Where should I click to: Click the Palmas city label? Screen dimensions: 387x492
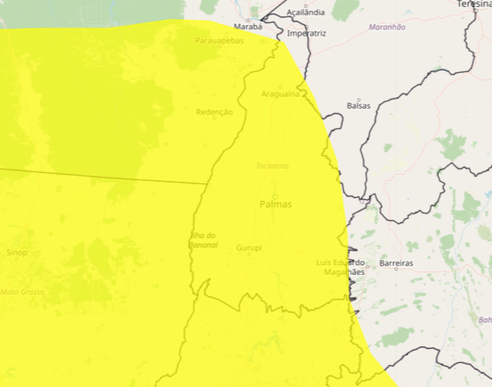276,204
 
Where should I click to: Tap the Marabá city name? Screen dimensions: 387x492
248,27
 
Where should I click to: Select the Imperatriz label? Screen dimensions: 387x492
306,34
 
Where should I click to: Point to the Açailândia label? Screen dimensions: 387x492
305,12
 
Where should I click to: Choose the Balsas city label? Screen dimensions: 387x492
358,106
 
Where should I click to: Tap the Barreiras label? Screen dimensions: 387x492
396,263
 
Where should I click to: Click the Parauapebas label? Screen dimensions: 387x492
219,41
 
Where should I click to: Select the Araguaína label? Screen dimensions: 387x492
281,94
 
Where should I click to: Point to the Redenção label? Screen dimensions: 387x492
214,112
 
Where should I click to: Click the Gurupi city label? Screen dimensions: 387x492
249,248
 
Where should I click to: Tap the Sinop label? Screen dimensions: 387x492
17,252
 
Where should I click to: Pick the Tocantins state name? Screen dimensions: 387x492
272,166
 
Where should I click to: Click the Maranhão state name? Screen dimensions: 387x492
387,27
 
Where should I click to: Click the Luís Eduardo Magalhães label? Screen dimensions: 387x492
340,267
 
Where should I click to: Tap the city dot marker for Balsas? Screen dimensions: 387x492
359,100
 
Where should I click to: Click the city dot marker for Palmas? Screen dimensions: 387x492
275,197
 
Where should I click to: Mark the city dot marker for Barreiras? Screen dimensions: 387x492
396,269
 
